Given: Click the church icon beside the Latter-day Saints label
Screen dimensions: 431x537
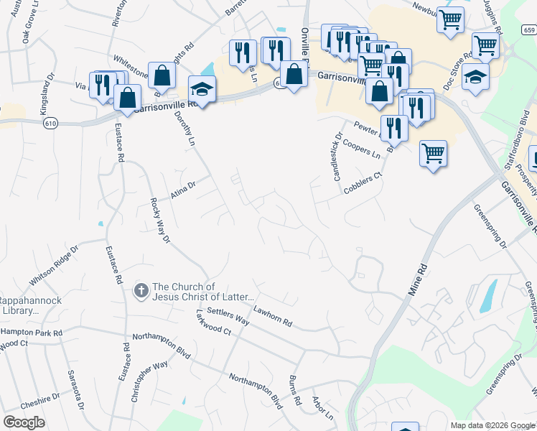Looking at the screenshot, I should click(x=141, y=290).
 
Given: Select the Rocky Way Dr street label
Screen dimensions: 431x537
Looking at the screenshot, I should click(x=159, y=221).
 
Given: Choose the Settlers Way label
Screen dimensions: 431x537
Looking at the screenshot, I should click(x=228, y=317).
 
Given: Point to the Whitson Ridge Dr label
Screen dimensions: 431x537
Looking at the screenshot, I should click(x=52, y=267).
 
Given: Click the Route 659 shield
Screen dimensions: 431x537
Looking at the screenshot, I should click(x=528, y=30).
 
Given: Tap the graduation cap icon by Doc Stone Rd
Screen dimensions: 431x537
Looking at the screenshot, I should click(x=475, y=75).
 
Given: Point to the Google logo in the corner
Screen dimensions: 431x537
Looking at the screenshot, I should click(x=24, y=422).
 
